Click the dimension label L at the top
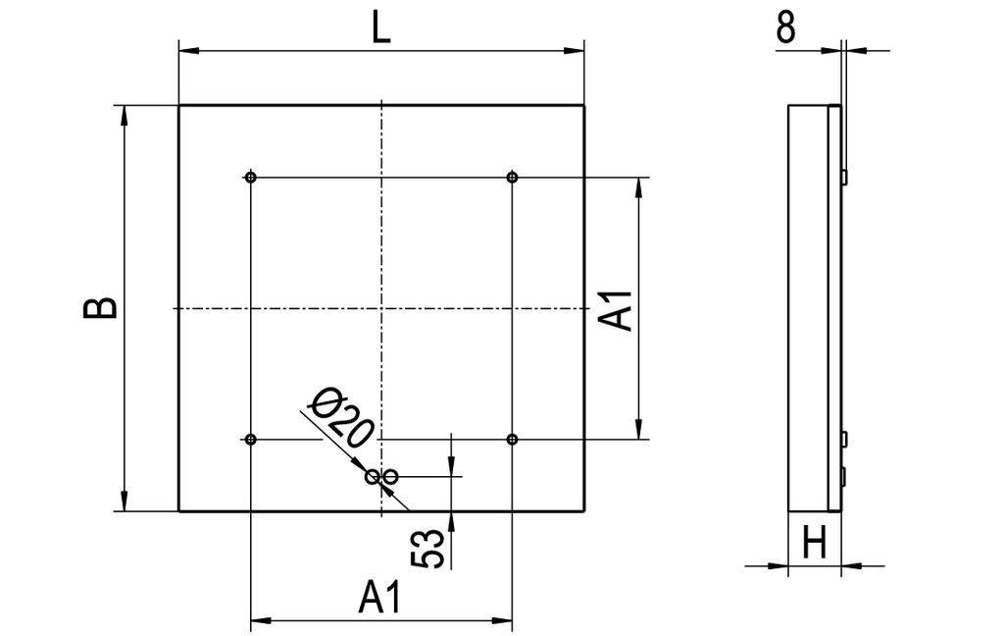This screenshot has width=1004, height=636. [381, 26]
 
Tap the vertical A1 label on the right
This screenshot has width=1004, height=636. [618, 308]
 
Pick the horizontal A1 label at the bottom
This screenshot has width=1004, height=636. [380, 597]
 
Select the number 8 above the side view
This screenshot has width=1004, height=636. [785, 27]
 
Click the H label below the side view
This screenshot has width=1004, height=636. [814, 543]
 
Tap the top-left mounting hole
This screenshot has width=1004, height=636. [252, 178]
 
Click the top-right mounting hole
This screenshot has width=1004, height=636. [512, 178]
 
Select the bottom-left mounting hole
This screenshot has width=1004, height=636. [252, 438]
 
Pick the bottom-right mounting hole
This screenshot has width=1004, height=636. [512, 438]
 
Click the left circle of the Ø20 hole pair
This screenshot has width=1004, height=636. [373, 477]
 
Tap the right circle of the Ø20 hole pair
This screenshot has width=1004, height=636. [390, 477]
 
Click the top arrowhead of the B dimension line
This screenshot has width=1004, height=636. [124, 114]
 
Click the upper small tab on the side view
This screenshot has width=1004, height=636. [843, 176]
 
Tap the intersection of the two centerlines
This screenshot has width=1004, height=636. [381, 308]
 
